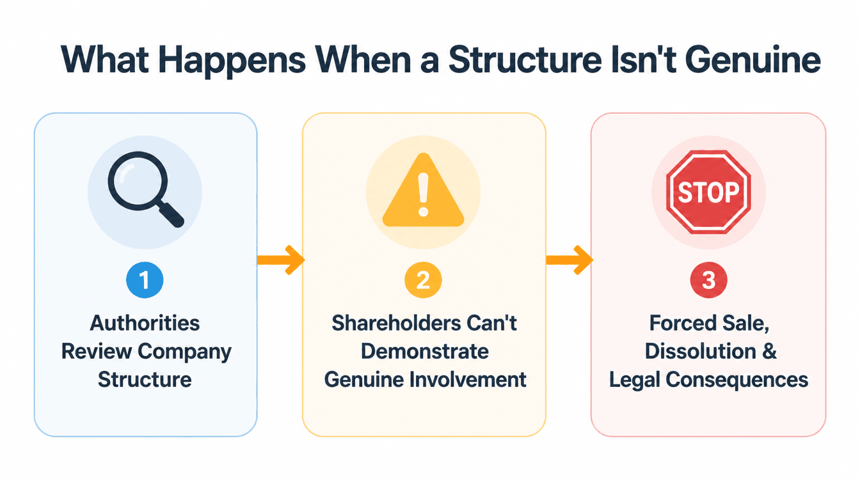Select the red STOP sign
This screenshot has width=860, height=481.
[708, 192]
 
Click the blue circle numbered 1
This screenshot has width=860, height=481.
[145, 280]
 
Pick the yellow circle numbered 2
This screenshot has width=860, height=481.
[423, 280]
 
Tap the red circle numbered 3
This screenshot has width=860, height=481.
[708, 280]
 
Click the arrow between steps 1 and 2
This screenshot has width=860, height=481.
[281, 260]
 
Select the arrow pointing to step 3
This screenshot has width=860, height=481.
[569, 260]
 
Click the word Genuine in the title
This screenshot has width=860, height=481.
[753, 60]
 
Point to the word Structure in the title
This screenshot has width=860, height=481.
[525, 60]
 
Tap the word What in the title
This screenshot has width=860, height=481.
[105, 60]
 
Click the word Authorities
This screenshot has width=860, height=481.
[145, 323]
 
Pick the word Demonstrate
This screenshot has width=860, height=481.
[425, 351]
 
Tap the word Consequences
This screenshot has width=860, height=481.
[737, 380]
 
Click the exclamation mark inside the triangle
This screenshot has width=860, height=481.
[423, 195]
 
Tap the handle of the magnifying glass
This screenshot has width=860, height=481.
[170, 214]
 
